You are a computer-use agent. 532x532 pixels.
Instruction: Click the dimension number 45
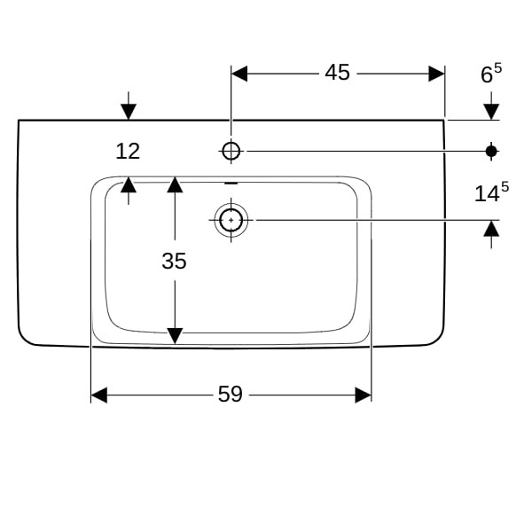[337, 73]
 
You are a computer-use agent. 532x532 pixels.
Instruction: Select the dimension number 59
[230, 395]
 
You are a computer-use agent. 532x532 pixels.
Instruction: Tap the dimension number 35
[175, 261]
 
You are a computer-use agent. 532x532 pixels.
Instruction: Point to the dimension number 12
[128, 151]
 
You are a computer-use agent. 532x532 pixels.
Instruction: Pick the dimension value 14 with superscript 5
[491, 192]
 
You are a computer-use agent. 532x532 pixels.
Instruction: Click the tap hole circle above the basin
[231, 151]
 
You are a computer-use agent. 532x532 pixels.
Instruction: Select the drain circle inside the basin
[231, 218]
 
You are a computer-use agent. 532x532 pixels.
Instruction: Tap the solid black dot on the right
[491, 151]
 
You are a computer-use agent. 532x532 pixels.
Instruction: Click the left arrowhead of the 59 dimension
[98, 395]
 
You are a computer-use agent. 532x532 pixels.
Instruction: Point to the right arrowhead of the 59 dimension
[363, 395]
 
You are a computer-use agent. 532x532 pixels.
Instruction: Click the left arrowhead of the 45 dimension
[239, 73]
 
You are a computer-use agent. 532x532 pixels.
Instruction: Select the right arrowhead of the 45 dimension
[436, 73]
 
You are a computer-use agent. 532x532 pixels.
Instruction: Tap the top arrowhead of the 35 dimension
[175, 184]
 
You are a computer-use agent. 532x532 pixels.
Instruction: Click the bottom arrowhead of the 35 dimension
[175, 335]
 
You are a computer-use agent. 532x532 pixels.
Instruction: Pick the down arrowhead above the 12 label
[129, 111]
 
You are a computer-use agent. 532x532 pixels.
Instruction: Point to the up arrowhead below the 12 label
[129, 184]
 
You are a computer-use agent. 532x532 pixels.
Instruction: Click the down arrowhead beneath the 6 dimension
[491, 111]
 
